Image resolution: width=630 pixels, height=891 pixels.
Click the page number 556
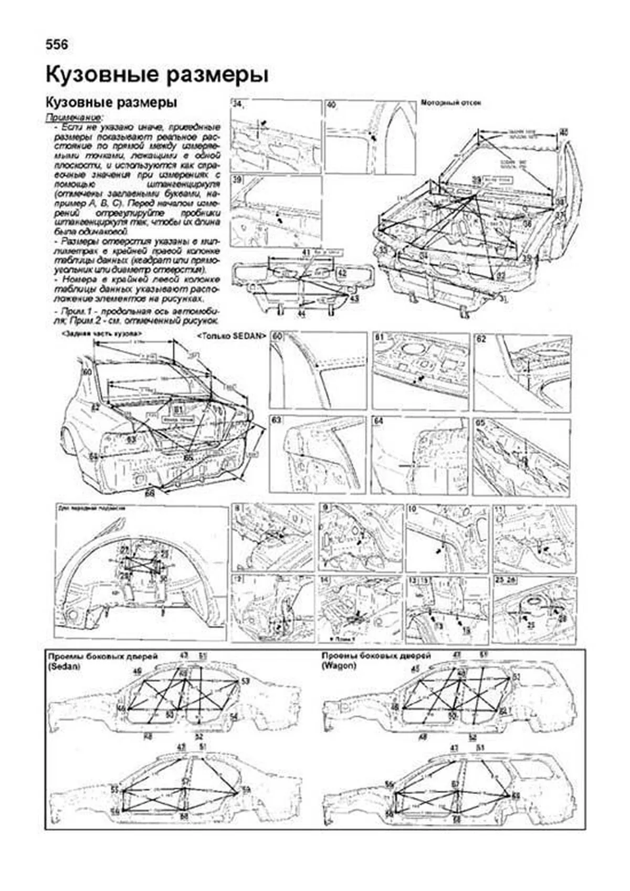57,45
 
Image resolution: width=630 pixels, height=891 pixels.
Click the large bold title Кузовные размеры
157,75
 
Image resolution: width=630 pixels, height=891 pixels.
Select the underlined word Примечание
75,117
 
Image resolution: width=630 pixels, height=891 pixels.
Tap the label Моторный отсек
451,103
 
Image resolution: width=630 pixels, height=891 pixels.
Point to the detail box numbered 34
276,137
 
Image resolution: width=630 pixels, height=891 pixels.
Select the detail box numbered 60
317,371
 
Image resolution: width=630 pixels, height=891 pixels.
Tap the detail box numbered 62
522,372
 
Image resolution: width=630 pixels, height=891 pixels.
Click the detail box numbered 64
419,455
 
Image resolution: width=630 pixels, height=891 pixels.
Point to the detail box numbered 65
522,455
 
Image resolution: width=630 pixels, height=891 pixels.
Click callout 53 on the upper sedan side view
246,681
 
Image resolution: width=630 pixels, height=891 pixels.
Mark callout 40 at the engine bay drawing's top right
563,133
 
